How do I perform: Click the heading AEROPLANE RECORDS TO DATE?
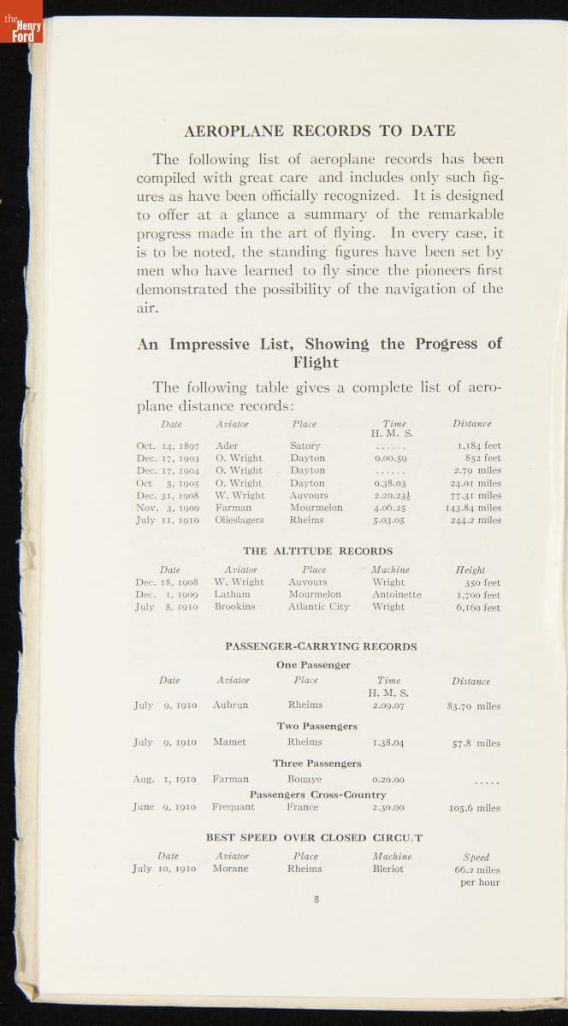(320, 131)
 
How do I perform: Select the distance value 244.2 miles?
(476, 520)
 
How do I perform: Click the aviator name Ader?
(227, 445)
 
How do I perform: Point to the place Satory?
(305, 445)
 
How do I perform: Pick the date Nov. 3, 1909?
(168, 507)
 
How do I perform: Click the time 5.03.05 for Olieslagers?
(388, 520)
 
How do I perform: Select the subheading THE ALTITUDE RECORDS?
(317, 551)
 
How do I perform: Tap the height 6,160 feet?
(479, 607)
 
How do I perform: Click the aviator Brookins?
(234, 607)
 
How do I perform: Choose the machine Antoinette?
(397, 594)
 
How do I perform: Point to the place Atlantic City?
(318, 607)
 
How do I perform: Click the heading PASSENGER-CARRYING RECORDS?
(321, 646)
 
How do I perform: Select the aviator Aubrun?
(230, 705)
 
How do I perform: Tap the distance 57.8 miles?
(476, 744)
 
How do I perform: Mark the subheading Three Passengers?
(317, 763)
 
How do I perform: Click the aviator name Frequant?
(233, 806)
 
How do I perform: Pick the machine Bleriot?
(388, 869)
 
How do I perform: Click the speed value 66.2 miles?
(477, 870)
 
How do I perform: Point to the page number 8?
(317, 899)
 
